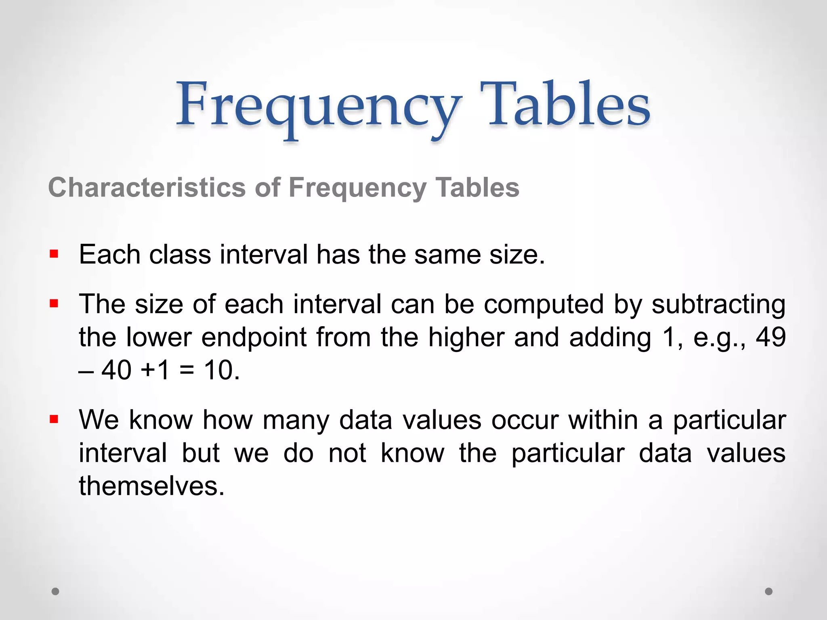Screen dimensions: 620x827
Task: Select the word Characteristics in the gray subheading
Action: point(147,188)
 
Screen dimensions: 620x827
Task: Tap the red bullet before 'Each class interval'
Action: point(54,254)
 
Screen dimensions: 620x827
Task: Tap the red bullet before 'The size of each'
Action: point(54,303)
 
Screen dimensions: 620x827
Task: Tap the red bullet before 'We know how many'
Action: point(54,419)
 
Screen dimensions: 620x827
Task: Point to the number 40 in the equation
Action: point(116,370)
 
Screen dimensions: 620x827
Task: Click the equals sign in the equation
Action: point(187,371)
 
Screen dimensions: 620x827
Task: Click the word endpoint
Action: point(254,338)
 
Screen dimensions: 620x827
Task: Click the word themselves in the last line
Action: point(151,486)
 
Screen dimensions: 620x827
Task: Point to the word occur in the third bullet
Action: point(525,420)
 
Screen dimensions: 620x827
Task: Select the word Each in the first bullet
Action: point(109,255)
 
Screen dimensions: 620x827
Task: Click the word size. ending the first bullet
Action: point(517,255)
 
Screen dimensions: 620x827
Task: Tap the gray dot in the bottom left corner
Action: point(55,591)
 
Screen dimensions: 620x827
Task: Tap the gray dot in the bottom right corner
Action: point(769,591)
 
